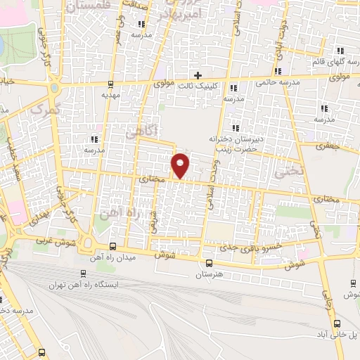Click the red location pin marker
tap(181, 165)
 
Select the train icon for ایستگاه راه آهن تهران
tap(83, 274)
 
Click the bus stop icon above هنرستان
tap(207, 263)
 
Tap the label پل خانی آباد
tap(341, 337)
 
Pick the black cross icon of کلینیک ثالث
tap(198, 75)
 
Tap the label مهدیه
tap(112, 94)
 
